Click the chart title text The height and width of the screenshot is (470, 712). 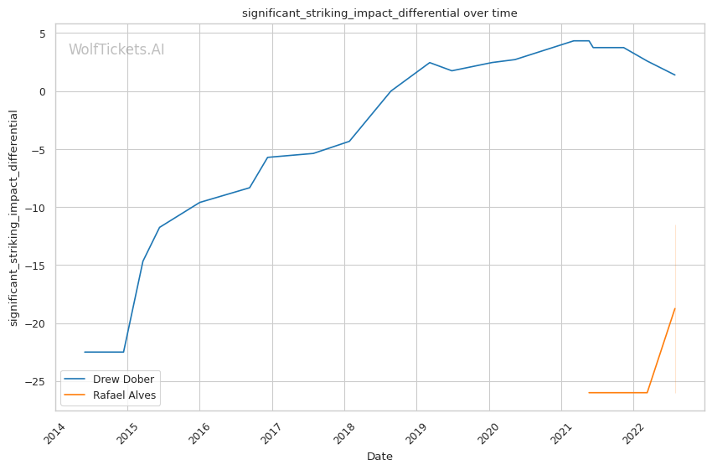[x=379, y=13]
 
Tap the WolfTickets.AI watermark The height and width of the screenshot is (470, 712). [x=116, y=50]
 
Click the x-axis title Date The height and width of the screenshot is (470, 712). [x=379, y=457]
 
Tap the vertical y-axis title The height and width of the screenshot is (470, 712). [x=14, y=218]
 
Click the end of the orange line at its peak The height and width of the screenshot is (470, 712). [x=675, y=308]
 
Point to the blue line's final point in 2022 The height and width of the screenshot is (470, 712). [x=675, y=75]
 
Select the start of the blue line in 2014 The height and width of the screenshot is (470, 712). [x=85, y=352]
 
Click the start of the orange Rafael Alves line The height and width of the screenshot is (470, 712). [x=589, y=392]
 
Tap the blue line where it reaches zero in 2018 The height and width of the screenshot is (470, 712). [x=391, y=91]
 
